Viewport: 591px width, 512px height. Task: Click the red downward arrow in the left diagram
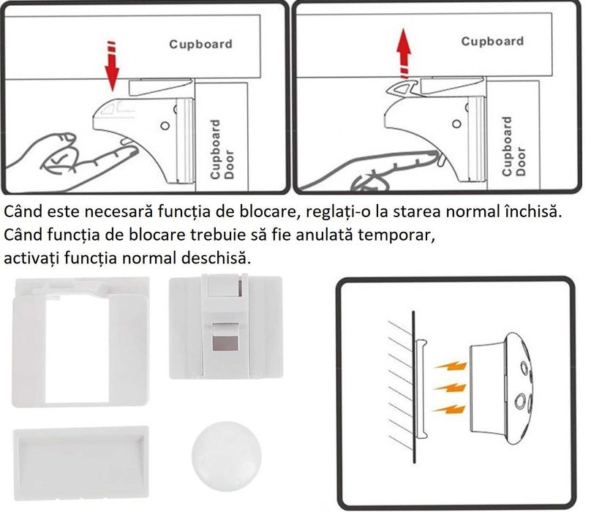click(x=112, y=67)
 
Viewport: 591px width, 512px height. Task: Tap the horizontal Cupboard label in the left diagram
click(x=200, y=44)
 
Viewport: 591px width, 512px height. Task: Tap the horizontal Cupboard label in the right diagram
click(x=492, y=41)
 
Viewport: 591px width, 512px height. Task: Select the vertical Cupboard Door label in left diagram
click(x=221, y=150)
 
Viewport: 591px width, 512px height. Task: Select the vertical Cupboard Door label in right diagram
click(x=513, y=146)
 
